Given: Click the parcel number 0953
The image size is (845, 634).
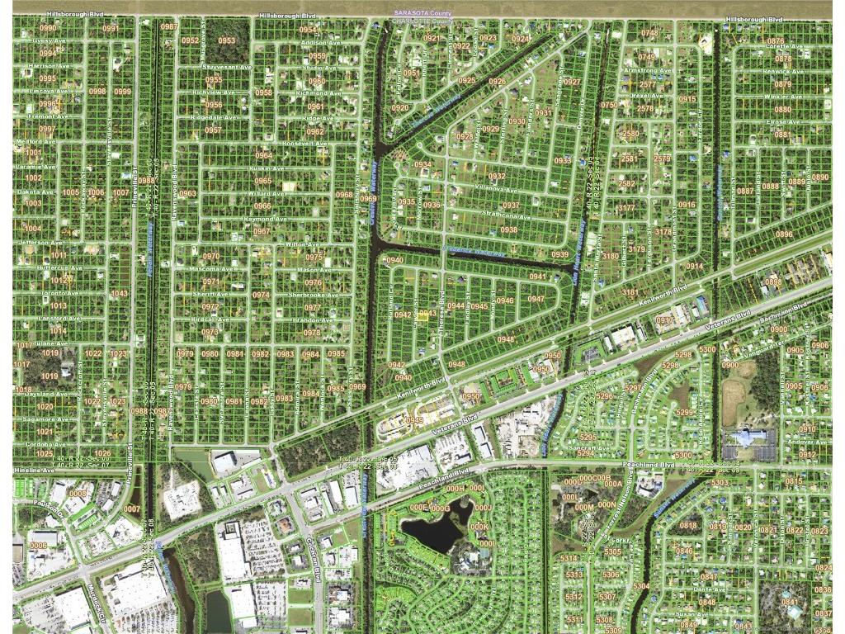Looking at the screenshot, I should (226, 40).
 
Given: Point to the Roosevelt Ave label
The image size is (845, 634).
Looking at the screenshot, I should (304, 143).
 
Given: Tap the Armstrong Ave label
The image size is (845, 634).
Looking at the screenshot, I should (648, 71).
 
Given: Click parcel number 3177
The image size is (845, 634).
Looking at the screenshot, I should (626, 208).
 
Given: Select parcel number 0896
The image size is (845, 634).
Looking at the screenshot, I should (783, 234).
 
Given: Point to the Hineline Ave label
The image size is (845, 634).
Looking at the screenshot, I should (34, 470).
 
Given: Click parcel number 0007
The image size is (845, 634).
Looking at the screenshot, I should (132, 509).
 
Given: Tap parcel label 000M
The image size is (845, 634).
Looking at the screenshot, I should (583, 507).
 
